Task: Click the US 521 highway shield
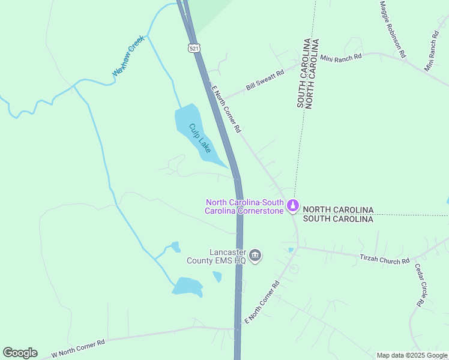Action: (193, 47)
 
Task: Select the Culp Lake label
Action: (200, 138)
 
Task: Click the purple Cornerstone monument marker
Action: (293, 206)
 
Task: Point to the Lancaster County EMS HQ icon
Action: (255, 256)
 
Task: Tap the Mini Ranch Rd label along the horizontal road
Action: (341, 58)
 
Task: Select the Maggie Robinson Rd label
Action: (393, 29)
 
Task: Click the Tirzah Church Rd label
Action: (384, 259)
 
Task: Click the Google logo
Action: (20, 353)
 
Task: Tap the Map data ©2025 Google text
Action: (412, 355)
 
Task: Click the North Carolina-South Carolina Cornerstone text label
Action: (244, 206)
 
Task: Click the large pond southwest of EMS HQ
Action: (188, 286)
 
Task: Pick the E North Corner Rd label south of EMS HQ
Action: (262, 302)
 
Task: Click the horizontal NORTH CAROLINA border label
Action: (338, 210)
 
